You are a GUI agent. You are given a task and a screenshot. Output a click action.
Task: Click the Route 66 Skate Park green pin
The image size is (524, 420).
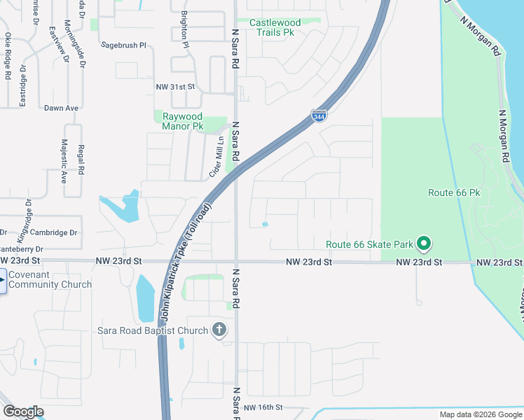pyautogui.click(x=423, y=244)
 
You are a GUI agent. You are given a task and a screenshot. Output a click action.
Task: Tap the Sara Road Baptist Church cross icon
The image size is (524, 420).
pyautogui.click(x=219, y=330)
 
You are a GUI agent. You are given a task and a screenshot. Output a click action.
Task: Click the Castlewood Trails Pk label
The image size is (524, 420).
pyautogui.click(x=275, y=27)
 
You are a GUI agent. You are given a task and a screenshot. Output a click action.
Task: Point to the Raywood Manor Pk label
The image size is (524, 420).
pyautogui.click(x=182, y=121)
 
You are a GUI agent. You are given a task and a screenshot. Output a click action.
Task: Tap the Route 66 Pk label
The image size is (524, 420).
pyautogui.click(x=454, y=192)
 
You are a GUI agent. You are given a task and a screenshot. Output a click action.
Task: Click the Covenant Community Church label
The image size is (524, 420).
pyautogui.click(x=50, y=280)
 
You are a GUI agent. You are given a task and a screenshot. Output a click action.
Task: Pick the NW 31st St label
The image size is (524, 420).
pyautogui.click(x=174, y=86)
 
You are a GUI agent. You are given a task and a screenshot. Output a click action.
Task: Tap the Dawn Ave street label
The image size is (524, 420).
pyautogui.click(x=61, y=108)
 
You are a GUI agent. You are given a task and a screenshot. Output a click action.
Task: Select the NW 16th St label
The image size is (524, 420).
pyautogui.click(x=263, y=407)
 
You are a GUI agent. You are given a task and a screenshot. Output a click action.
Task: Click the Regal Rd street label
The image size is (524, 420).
pyautogui.click(x=81, y=160)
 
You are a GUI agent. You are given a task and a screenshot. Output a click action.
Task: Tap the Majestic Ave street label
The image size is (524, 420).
pyautogui.click(x=64, y=160)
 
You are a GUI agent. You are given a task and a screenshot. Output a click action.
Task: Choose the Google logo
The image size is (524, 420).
pyautogui.click(x=23, y=412)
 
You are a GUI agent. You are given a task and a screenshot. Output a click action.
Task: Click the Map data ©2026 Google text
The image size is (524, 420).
pyautogui.click(x=480, y=414)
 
